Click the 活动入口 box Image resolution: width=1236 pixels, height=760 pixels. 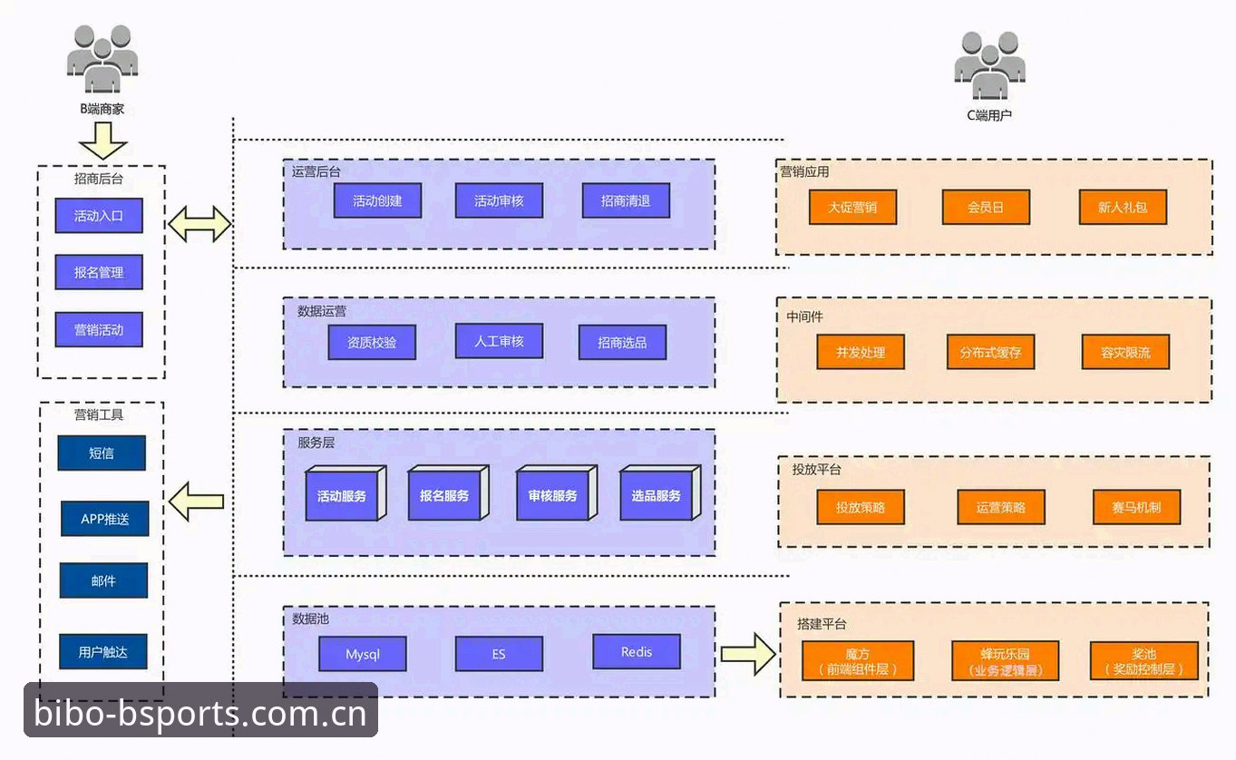(99, 215)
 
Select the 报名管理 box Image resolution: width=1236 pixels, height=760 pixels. (99, 272)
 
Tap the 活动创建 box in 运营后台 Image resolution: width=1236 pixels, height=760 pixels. (377, 200)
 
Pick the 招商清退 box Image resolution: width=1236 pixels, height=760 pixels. (626, 200)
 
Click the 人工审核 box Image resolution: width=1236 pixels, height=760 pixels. (499, 341)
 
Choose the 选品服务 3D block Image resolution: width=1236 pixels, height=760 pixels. (660, 492)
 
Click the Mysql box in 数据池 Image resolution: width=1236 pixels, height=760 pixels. (363, 654)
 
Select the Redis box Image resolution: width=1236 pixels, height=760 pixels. (637, 652)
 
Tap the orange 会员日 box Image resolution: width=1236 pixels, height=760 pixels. (986, 207)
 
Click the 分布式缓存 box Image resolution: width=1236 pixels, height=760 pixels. (990, 352)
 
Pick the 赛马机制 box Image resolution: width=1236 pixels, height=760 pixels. (1136, 507)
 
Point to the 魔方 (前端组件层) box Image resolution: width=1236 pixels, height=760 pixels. (858, 660)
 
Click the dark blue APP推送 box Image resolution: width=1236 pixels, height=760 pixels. (105, 518)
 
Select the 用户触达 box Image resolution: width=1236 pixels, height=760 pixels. (103, 652)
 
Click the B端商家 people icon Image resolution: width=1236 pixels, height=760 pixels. (102, 59)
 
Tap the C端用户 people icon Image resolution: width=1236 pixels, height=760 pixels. (990, 65)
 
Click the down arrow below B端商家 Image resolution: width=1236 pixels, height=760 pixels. (103, 141)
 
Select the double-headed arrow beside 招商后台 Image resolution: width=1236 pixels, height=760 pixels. (200, 224)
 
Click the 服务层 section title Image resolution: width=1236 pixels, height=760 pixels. (316, 443)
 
